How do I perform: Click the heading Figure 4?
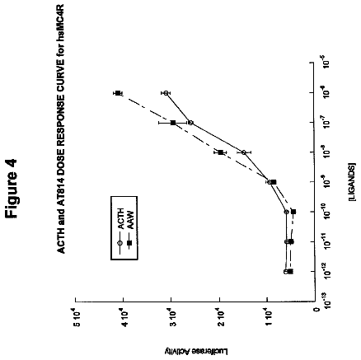click(12, 189)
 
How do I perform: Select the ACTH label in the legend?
click(121, 219)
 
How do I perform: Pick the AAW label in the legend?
click(129, 220)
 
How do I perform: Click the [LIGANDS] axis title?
click(351, 182)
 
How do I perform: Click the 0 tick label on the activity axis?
click(316, 310)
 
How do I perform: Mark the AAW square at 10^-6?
click(118, 93)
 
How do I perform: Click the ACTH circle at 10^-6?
click(166, 93)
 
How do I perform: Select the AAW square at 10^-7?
click(173, 123)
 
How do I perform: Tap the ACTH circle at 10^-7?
click(190, 123)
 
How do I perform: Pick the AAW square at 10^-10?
click(293, 212)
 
